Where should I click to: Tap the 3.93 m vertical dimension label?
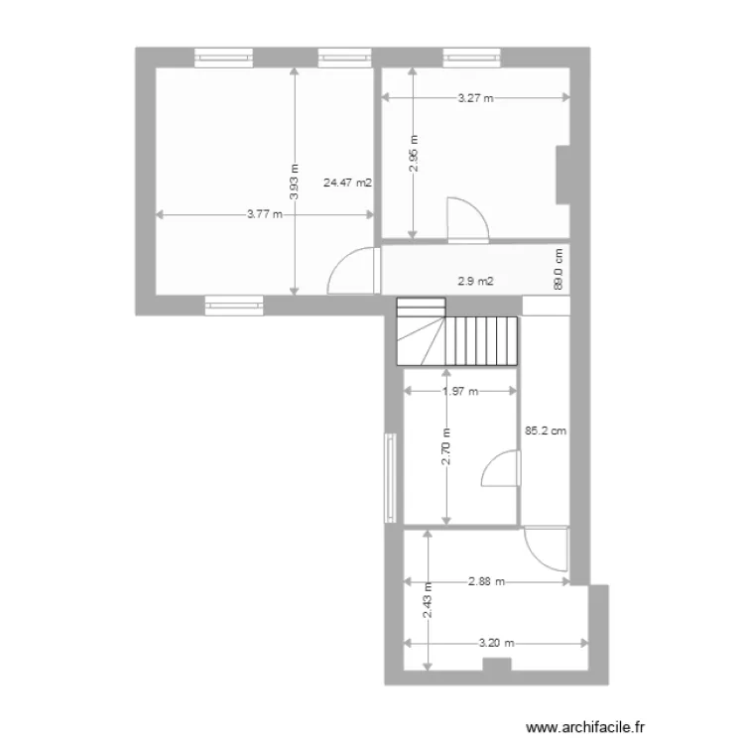295,181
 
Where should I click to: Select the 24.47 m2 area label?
347,183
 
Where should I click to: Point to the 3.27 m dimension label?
476,98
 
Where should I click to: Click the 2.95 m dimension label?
414,154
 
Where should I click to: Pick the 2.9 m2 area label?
475,281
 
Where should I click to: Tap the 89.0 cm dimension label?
558,269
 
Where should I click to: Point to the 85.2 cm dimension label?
546,432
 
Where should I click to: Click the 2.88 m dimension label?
487,581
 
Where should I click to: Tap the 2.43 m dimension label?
428,600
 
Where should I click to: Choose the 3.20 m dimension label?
496,642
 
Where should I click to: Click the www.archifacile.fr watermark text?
590,727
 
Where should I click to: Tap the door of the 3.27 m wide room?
466,219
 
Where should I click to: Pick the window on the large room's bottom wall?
234,305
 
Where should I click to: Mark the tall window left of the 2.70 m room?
391,477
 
